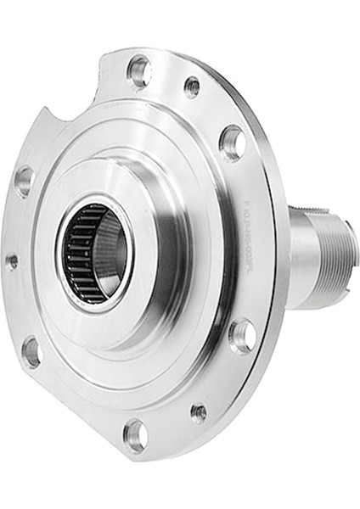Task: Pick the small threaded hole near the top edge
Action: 193,86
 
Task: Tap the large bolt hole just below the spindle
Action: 242,335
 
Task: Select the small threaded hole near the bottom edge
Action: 199,412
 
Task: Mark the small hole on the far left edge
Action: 12,261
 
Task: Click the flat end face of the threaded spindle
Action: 352,255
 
